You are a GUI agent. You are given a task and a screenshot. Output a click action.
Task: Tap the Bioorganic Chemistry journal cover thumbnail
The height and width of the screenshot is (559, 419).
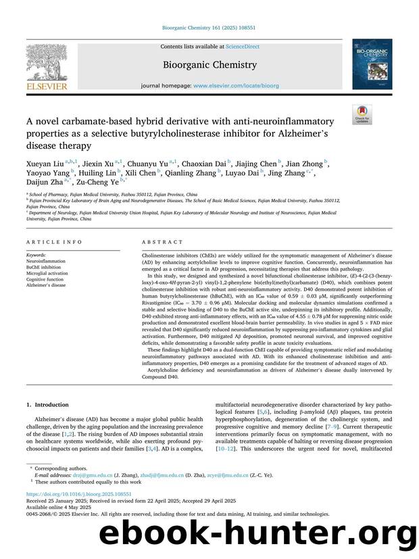point(371,64)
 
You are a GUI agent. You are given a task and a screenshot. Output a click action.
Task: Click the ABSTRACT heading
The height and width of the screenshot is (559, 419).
point(162,241)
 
